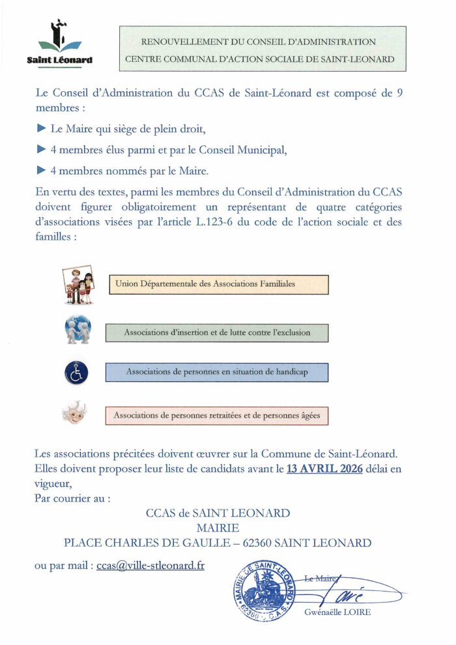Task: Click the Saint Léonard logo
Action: coord(59,44)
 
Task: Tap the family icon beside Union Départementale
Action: coord(79,285)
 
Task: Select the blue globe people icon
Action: coord(78,330)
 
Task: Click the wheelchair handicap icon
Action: coord(76,372)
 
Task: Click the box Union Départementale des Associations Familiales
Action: coord(218,284)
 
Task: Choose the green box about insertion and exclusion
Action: coord(217,332)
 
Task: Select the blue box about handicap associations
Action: coord(217,372)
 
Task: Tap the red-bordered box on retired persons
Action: coord(217,415)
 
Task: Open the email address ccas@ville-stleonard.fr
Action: coord(150,566)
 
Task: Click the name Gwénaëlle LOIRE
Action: coord(337,612)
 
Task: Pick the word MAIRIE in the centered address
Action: coord(218,528)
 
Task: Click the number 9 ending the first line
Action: coord(399,93)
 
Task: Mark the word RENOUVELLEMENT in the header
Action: coord(178,42)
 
